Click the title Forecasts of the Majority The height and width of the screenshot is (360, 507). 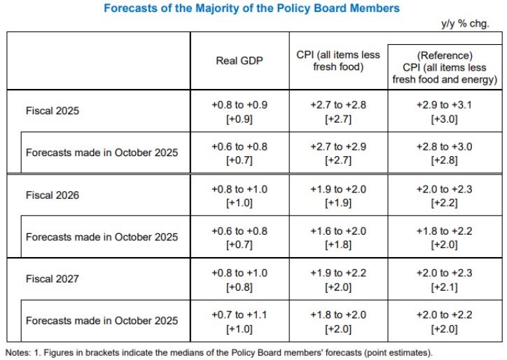click(252, 8)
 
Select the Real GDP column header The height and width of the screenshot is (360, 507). click(239, 61)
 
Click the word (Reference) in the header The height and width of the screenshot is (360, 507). click(445, 55)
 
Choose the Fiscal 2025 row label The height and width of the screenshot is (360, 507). click(53, 111)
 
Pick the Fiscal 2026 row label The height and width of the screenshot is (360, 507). click(53, 195)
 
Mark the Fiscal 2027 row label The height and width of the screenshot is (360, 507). click(53, 279)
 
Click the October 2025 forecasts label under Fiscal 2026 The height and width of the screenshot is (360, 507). click(102, 237)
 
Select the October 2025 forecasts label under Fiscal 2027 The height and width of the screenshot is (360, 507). click(102, 321)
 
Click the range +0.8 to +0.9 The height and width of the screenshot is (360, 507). click(239, 104)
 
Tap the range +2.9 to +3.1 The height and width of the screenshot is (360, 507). click(445, 104)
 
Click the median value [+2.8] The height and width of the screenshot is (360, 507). click(445, 160)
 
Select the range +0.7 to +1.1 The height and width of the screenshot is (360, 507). click(239, 314)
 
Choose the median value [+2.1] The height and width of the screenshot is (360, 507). click(445, 286)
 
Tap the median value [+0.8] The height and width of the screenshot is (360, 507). click(239, 286)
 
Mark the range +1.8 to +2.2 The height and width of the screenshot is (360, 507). click(445, 230)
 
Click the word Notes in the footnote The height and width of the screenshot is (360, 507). click(18, 352)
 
